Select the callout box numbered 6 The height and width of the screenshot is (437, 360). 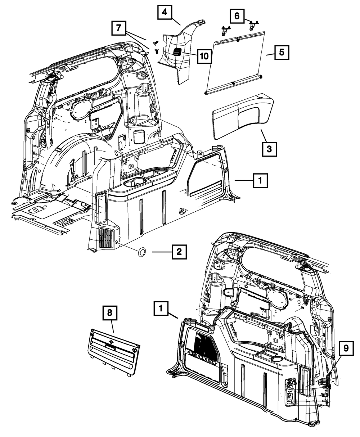click(237, 16)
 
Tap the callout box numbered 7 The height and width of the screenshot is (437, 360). click(119, 28)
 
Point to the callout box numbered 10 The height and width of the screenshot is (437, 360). click(203, 55)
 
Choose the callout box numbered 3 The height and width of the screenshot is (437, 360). click(269, 148)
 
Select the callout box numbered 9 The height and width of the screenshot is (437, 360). click(346, 348)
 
